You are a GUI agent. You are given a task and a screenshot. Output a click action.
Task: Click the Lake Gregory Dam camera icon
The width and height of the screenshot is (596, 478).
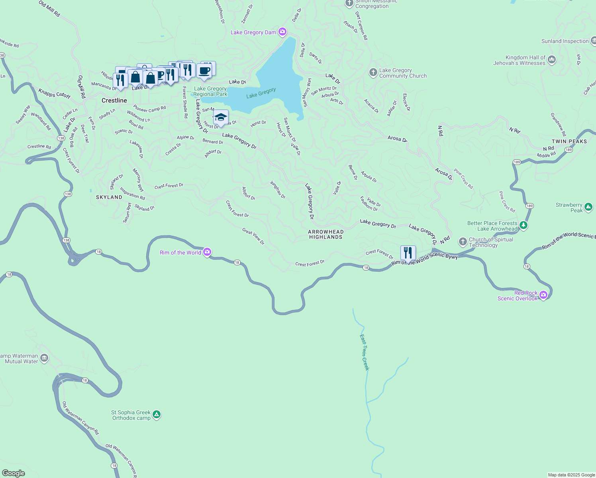(282, 32)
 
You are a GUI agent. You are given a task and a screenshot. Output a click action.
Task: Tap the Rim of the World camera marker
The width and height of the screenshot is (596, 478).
(207, 252)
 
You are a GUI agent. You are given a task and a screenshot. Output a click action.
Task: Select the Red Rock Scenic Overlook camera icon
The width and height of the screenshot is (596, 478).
(543, 295)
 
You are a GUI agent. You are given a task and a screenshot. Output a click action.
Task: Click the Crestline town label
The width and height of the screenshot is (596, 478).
(114, 100)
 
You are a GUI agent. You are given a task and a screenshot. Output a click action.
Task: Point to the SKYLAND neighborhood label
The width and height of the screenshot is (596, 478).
(109, 197)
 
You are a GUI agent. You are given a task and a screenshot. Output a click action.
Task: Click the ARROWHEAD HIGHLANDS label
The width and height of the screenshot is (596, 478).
(325, 234)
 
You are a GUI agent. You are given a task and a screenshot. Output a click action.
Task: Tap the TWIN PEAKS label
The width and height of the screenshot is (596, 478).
(569, 141)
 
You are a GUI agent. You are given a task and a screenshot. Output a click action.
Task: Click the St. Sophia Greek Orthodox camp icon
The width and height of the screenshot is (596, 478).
(157, 415)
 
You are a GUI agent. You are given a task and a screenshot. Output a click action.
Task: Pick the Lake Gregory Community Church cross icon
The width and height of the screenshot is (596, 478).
(373, 72)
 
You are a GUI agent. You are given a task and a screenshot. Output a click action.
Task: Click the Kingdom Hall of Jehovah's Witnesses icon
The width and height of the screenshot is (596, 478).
(552, 60)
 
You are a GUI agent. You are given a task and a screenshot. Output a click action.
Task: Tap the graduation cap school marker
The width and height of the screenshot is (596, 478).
(221, 118)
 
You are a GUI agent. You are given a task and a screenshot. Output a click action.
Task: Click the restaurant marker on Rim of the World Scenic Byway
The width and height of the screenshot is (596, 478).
(408, 253)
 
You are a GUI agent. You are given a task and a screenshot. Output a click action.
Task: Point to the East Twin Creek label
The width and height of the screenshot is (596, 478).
(365, 352)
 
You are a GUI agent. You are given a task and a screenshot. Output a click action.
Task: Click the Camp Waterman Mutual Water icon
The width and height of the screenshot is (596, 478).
(44, 358)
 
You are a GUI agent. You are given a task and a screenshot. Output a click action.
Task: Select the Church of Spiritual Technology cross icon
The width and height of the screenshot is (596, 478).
(463, 241)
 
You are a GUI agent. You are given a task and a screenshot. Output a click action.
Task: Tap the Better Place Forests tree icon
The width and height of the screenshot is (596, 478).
(523, 225)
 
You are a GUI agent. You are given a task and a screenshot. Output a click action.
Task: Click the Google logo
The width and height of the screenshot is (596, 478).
(14, 473)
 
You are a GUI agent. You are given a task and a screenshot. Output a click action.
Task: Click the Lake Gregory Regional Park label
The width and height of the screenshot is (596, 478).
(210, 92)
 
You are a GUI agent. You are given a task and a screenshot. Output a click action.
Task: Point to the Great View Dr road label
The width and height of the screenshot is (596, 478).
(253, 236)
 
